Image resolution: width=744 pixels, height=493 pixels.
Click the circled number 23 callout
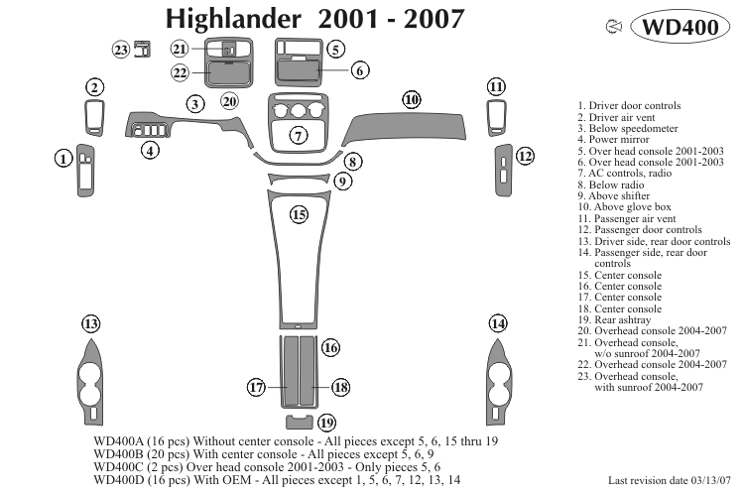pos(122,50)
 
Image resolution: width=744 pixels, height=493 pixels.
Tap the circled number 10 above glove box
pos(411,99)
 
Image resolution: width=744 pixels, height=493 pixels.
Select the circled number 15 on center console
pos(299,213)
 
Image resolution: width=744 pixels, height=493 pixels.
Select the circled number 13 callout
pos(91,324)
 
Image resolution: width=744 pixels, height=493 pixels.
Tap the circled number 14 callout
pos(498,324)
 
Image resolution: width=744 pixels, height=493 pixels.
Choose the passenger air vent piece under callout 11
pos(496,118)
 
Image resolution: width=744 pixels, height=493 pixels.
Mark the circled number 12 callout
pos(525,156)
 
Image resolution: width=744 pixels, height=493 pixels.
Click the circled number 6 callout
pos(360,69)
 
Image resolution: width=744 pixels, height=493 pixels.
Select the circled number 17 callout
pos(257,386)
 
